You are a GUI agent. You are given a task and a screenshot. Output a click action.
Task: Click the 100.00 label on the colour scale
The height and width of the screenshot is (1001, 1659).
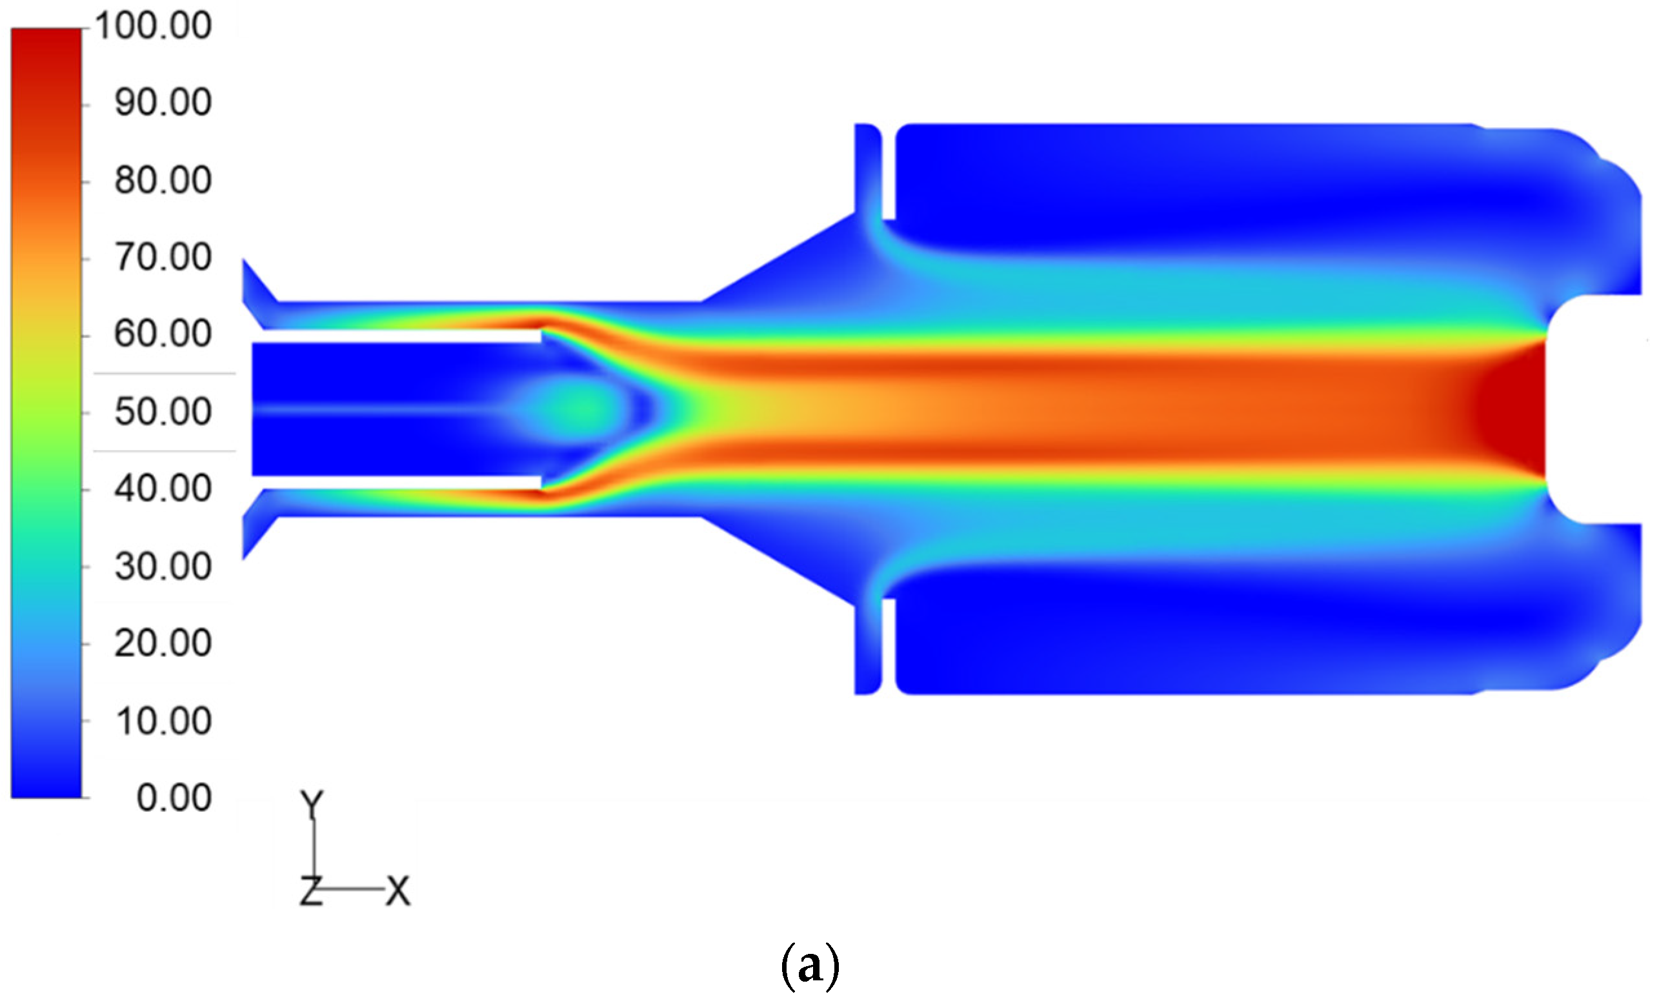tap(154, 26)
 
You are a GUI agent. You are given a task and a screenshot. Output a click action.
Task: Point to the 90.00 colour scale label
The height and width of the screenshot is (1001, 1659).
tap(163, 103)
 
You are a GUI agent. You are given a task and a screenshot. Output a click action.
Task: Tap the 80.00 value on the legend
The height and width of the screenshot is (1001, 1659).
tap(163, 181)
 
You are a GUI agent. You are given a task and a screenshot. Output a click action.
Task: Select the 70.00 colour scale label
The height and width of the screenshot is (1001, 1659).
tap(163, 258)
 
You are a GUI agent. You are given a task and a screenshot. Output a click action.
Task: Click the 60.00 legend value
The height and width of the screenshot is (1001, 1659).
tap(163, 334)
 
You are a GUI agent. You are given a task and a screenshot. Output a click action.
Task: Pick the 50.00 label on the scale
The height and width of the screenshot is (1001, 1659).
tap(163, 412)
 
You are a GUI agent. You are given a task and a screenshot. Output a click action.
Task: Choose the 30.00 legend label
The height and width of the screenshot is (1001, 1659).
tap(163, 567)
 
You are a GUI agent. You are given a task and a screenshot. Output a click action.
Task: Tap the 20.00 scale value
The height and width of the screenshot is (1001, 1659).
tap(163, 643)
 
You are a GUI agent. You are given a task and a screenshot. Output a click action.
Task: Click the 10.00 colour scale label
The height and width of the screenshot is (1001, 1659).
tap(163, 721)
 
